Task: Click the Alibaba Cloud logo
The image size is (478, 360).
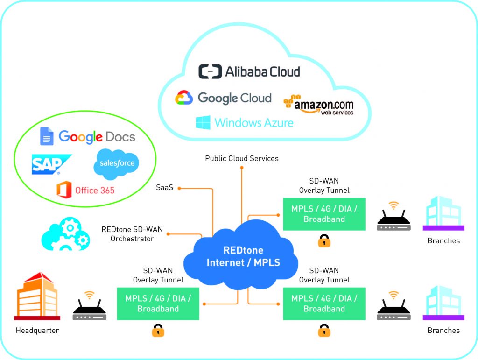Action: (249, 71)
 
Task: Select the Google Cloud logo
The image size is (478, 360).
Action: (223, 98)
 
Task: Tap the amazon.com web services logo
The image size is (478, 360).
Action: (318, 105)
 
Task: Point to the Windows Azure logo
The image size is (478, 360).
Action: (245, 123)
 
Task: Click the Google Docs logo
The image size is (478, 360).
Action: (87, 136)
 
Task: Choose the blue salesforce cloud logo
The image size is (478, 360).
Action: (116, 164)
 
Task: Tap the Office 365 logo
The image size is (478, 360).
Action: (85, 190)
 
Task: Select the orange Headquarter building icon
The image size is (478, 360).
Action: (37, 297)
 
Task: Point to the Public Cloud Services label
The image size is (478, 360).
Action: (242, 159)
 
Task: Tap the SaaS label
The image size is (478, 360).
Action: (164, 188)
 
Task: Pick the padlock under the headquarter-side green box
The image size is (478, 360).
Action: (158, 330)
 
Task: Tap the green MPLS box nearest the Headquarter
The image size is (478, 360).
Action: (158, 304)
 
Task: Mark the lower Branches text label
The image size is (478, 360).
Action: (443, 331)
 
